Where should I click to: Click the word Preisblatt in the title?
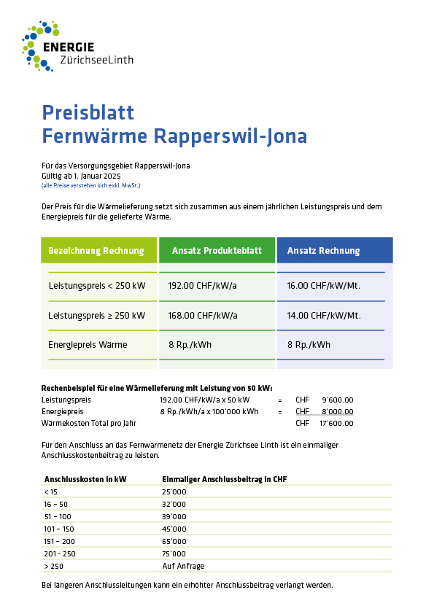(88, 112)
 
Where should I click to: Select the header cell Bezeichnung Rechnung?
(96, 251)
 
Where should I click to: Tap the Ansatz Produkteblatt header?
(217, 251)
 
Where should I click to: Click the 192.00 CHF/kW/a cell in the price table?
(202, 286)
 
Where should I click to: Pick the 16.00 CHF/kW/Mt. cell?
(324, 286)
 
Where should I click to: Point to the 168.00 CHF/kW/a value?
(202, 316)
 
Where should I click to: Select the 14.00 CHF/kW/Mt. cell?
(324, 316)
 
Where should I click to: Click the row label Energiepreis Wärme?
(88, 345)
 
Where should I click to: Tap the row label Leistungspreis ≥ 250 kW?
(96, 316)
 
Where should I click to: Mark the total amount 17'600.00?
(336, 423)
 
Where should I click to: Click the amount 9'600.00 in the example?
(338, 400)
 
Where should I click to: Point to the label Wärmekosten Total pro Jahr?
(89, 423)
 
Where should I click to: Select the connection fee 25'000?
(174, 492)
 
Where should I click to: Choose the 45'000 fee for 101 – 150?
(174, 529)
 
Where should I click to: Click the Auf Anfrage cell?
(183, 566)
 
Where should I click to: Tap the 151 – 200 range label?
(60, 541)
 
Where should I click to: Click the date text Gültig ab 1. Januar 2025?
(81, 176)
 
